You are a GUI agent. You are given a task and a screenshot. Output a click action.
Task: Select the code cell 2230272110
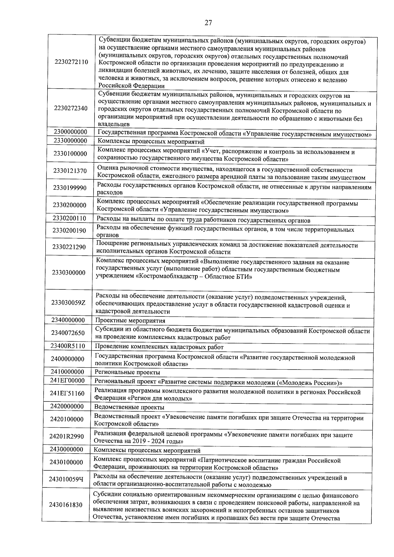click(x=71, y=62)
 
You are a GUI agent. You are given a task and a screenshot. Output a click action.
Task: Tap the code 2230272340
click(x=71, y=108)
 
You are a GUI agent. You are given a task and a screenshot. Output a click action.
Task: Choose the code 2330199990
click(x=70, y=188)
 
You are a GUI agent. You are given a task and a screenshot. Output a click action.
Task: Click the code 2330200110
click(x=69, y=218)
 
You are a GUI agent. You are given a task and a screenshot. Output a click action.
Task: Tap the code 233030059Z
click(x=68, y=303)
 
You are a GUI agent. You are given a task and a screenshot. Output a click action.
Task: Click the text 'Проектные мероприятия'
click(x=130, y=320)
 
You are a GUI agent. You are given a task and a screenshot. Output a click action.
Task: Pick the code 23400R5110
click(x=68, y=346)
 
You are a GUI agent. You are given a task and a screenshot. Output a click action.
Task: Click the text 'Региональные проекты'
click(x=127, y=372)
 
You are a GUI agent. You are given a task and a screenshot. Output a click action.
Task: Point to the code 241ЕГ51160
click(x=67, y=393)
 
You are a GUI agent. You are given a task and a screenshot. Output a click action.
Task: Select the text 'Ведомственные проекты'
click(x=129, y=407)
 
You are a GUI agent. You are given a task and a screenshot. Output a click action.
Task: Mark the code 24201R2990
click(x=67, y=437)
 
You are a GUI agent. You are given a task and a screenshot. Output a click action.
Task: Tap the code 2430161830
click(x=66, y=505)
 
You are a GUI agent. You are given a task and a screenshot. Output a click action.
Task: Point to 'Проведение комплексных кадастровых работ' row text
click(x=159, y=347)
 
